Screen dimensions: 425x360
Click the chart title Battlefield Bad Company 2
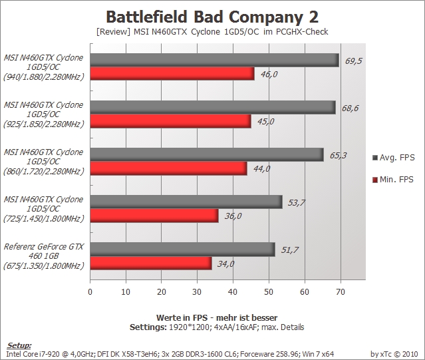tap(212, 17)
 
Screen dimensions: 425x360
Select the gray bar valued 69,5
tap(214, 60)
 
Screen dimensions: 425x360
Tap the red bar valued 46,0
tap(172, 74)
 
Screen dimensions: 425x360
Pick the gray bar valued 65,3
tap(207, 155)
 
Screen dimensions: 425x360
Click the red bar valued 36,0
tap(154, 216)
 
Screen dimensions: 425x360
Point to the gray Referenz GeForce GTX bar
tap(182, 250)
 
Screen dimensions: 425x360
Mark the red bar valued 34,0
tap(151, 263)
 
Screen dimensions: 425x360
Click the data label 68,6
tap(350, 108)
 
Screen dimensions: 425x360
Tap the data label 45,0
tap(265, 122)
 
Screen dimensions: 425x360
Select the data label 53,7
tap(296, 202)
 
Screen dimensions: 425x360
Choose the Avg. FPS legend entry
tap(394, 158)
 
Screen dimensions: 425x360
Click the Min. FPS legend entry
tap(393, 180)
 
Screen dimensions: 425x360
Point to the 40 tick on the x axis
tap(233, 292)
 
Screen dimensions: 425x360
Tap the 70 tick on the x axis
tap(341, 292)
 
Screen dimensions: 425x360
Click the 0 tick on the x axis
tap(90, 292)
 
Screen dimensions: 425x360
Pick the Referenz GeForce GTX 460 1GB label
tap(44, 256)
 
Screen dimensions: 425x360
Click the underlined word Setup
tap(19, 345)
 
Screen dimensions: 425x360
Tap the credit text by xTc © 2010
tap(394, 354)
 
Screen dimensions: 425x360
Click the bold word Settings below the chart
tap(148, 327)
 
